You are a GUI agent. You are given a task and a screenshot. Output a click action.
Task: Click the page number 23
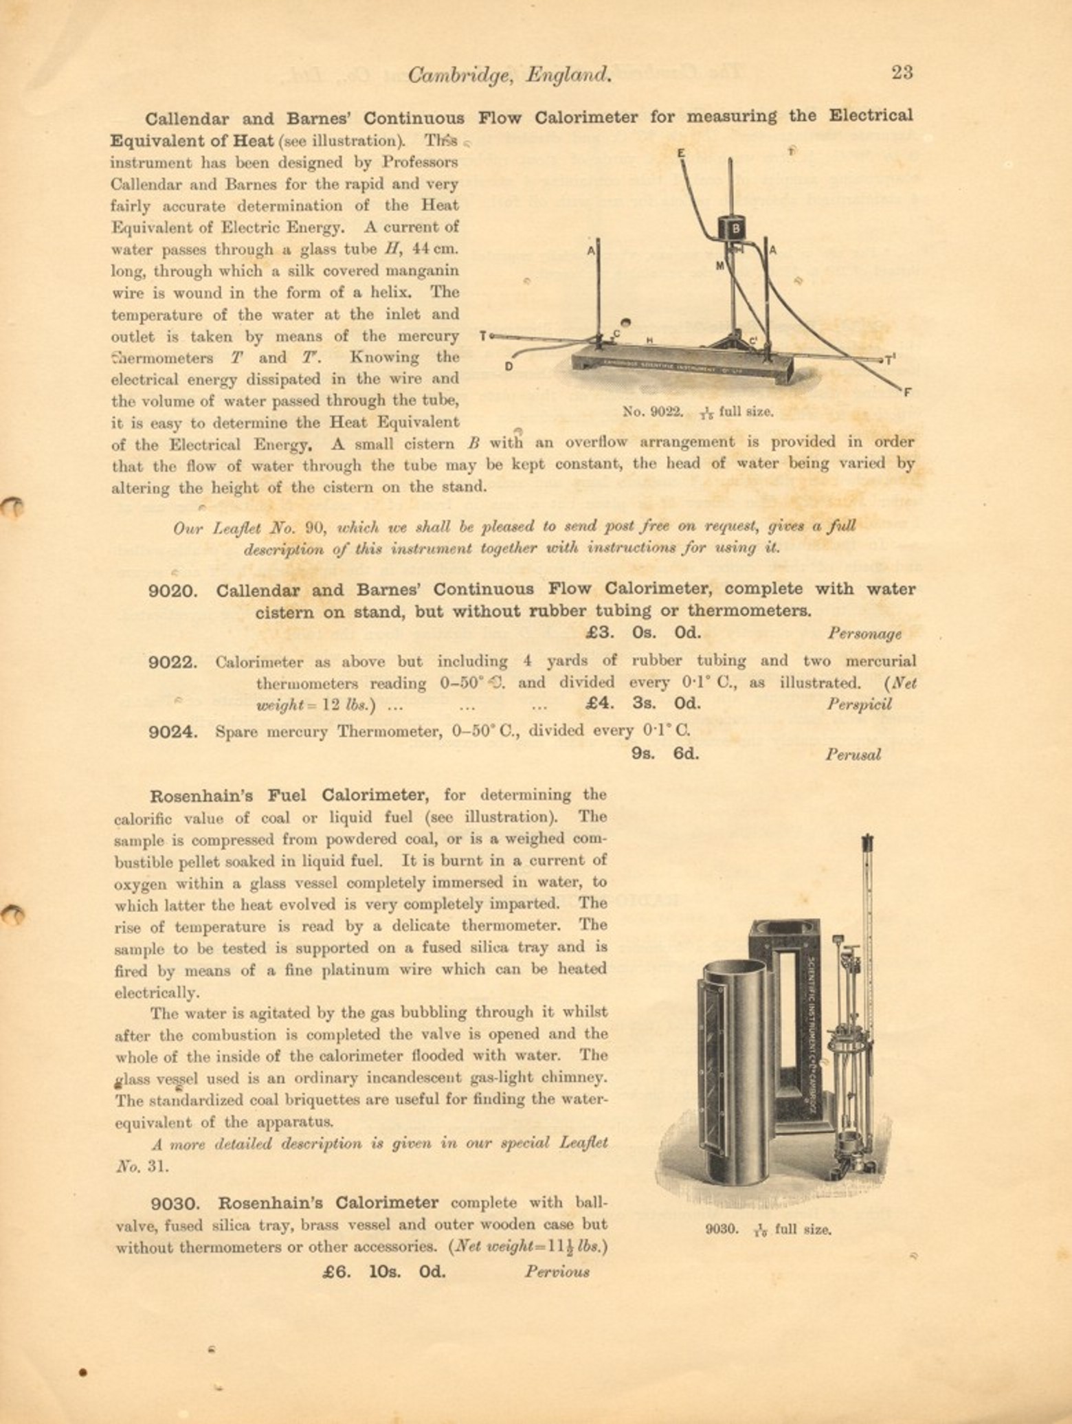[x=902, y=72]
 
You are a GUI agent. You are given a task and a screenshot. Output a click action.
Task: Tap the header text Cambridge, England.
[x=509, y=74]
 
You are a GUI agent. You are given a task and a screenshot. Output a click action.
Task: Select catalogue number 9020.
[x=173, y=590]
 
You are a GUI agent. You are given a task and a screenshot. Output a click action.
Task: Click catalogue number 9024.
[x=173, y=731]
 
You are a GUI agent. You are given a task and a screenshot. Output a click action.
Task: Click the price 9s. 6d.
[x=665, y=753]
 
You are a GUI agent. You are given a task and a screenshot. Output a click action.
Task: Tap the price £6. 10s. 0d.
[x=383, y=1271]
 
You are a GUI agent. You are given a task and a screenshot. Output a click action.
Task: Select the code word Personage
[x=864, y=634]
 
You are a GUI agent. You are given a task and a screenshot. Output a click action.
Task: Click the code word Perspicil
[x=858, y=704]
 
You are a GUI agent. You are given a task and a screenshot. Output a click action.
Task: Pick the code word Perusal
[x=853, y=755]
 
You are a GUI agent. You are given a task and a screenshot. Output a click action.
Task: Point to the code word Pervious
[x=557, y=1271]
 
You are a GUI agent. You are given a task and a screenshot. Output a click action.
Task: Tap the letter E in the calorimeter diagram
[x=681, y=153]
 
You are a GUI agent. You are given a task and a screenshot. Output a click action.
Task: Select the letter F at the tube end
[x=907, y=393]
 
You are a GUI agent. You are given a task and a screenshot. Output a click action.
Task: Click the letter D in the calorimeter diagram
[x=509, y=366]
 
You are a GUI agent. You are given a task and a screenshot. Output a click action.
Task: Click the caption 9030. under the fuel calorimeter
[x=722, y=1230]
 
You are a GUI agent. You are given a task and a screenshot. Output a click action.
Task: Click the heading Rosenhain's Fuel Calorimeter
[x=289, y=795]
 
